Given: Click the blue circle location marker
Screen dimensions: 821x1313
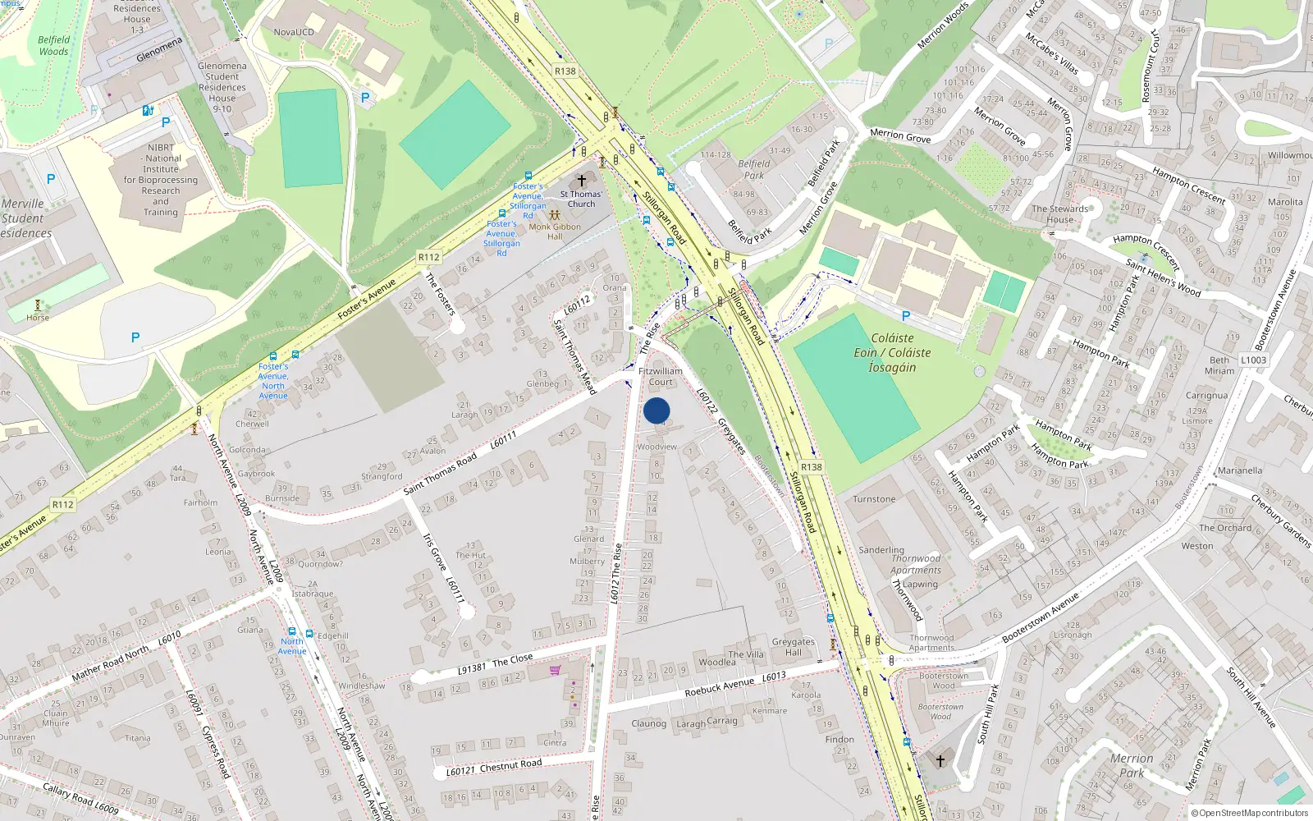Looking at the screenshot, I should point(656,410).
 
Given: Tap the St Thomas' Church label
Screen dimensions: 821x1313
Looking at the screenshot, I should point(581,199).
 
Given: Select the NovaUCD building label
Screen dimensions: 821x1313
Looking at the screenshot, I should point(294,32).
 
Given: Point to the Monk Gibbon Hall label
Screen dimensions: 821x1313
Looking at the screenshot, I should point(555,232).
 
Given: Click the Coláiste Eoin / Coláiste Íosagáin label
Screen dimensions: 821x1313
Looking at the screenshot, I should point(892,352).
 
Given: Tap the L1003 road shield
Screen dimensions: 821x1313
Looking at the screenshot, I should point(1253,360).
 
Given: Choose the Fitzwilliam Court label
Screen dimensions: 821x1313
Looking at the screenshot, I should point(661,376).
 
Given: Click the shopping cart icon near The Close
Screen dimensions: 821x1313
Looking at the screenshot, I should point(556,670).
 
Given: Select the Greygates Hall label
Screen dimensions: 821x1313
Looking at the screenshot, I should point(793,647).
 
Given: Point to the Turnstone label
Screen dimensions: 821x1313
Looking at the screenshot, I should point(874,499).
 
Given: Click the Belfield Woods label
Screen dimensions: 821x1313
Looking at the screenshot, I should point(54,45).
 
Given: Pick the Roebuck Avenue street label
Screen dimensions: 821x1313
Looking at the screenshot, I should point(719,686).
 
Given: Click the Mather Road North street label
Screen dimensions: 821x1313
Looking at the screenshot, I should point(110,663).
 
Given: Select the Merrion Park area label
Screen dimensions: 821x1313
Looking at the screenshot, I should point(1132,765).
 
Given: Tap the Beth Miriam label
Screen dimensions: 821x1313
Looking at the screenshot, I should point(1219,365).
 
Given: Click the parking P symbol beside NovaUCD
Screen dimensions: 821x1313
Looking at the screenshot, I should point(365,97).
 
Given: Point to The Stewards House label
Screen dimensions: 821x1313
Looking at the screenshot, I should point(1059,213).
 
